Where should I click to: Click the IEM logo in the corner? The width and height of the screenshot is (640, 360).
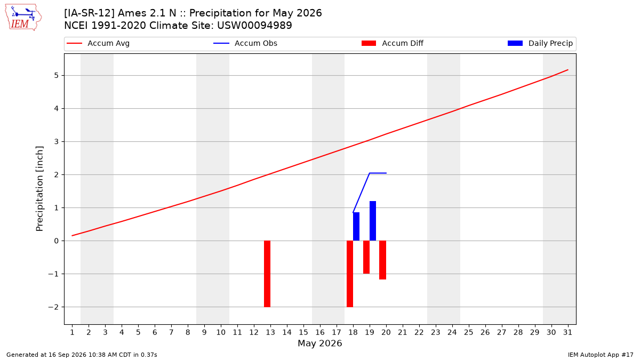pyautogui.click(x=23, y=18)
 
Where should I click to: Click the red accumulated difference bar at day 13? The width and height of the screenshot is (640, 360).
pyautogui.click(x=267, y=274)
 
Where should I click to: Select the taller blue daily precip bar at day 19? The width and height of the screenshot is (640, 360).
pyautogui.click(x=373, y=221)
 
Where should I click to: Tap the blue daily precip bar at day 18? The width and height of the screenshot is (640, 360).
pyautogui.click(x=356, y=227)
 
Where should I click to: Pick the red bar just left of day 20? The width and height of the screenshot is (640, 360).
pyautogui.click(x=383, y=260)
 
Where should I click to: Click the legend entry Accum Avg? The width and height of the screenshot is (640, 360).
pyautogui.click(x=98, y=43)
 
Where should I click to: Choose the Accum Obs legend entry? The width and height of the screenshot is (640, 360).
pyautogui.click(x=245, y=43)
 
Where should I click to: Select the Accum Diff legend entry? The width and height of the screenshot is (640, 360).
pyautogui.click(x=393, y=43)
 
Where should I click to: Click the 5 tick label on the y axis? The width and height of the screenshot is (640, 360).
pyautogui.click(x=56, y=75)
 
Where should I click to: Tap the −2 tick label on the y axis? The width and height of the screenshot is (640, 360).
pyautogui.click(x=53, y=307)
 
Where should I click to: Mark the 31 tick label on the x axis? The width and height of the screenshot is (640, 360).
pyautogui.click(x=567, y=333)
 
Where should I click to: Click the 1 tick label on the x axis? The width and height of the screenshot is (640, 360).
pyautogui.click(x=73, y=333)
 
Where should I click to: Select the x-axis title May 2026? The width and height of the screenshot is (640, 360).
pyautogui.click(x=320, y=343)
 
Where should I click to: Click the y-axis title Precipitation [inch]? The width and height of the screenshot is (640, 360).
pyautogui.click(x=39, y=189)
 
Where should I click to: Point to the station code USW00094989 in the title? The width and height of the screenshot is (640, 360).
pyautogui.click(x=254, y=26)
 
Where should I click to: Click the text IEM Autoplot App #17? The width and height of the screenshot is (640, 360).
pyautogui.click(x=601, y=355)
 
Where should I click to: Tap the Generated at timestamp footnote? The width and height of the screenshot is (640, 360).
pyautogui.click(x=82, y=355)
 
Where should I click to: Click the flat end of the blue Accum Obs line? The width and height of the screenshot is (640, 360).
pyautogui.click(x=386, y=173)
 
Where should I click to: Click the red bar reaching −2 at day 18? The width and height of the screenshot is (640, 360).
pyautogui.click(x=350, y=274)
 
